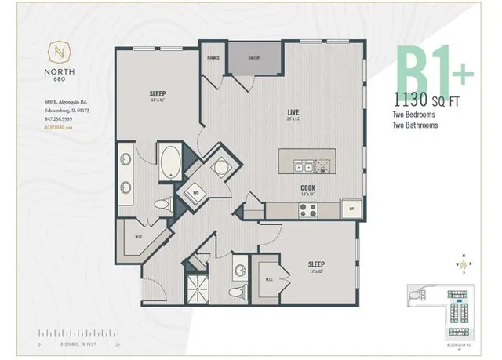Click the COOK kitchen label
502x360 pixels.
click(307, 187)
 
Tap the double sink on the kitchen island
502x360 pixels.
click(301, 165)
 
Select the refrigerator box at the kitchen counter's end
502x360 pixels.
click(350, 209)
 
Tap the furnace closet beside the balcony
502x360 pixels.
click(213, 66)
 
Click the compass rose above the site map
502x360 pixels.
click(466, 264)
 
